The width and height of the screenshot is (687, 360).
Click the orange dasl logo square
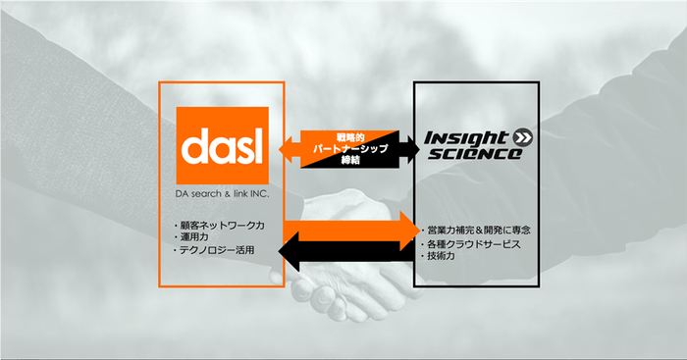click(222, 145)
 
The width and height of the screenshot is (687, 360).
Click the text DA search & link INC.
click(222, 193)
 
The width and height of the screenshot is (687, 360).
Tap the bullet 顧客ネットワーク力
click(219, 226)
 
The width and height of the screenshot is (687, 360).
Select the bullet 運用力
click(191, 237)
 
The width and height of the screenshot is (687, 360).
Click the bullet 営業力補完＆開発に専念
click(475, 230)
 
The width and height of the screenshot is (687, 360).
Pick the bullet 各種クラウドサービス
click(470, 244)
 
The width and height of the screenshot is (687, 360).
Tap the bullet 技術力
click(438, 256)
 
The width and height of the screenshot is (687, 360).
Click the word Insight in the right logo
click(466, 138)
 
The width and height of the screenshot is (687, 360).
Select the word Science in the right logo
click(475, 154)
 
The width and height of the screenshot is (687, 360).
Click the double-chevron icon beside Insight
click(522, 137)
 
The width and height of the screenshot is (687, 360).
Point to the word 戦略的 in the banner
click(350, 137)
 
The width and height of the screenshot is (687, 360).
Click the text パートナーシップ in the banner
click(350, 148)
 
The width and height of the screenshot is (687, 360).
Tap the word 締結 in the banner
click(350, 160)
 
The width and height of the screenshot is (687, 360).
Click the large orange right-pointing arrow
click(351, 231)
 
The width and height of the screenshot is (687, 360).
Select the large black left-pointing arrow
click(346, 252)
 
